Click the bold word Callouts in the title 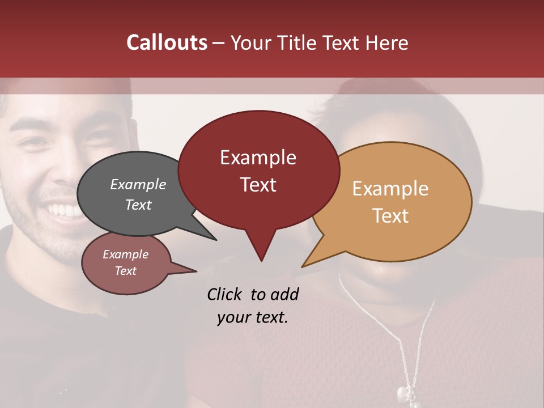(x=167, y=42)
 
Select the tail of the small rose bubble (x=193, y=271)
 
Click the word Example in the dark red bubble (x=258, y=158)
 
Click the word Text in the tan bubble (x=390, y=216)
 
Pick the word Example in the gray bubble (x=138, y=185)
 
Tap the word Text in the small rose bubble (x=125, y=271)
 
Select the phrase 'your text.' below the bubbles (x=252, y=317)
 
